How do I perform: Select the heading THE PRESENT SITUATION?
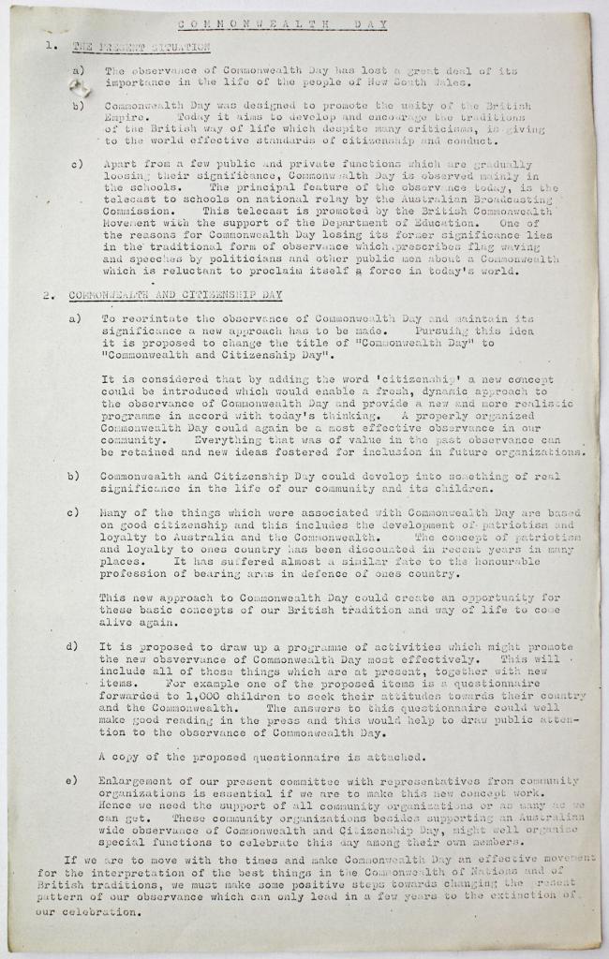point(141,46)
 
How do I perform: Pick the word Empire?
point(126,118)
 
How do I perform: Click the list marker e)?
point(72,780)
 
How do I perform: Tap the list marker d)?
point(72,646)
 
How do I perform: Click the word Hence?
point(119,804)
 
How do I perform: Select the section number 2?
point(47,296)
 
